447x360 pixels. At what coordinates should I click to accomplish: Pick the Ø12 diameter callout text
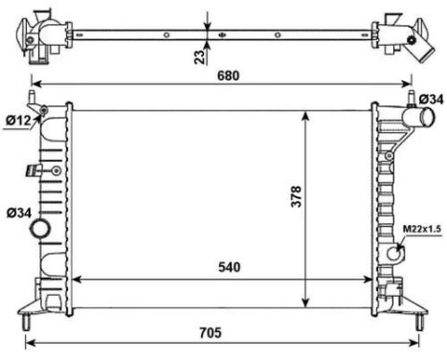tap(16, 120)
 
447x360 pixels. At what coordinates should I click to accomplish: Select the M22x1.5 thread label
tap(419, 229)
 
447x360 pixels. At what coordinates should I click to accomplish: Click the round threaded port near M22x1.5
tap(396, 253)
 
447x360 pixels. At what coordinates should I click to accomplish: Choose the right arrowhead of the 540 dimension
tap(369, 280)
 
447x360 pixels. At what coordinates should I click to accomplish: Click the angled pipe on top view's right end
tap(418, 46)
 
